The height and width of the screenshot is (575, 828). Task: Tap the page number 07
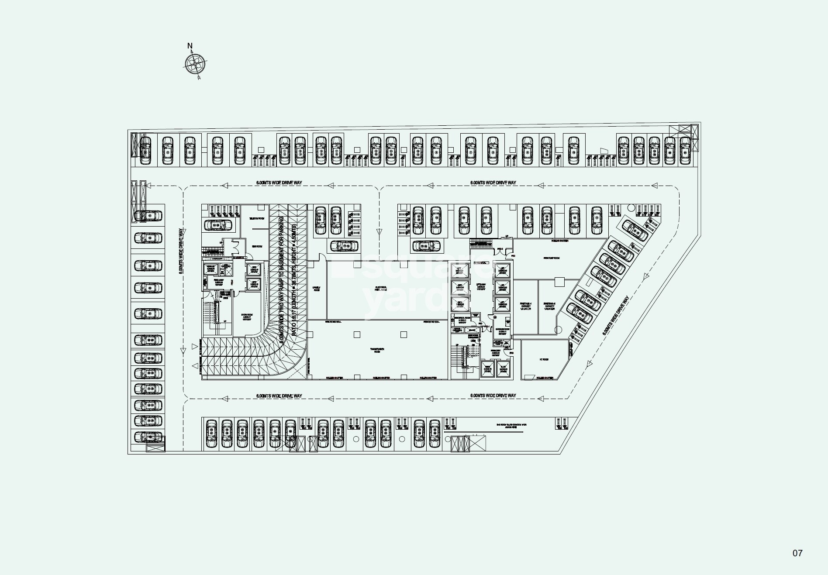pos(797,553)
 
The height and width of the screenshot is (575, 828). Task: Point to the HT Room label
pos(544,360)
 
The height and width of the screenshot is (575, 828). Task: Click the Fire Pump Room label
pos(551,258)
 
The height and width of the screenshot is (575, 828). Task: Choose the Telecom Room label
pos(256,218)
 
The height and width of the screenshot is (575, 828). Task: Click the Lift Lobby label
pos(480,286)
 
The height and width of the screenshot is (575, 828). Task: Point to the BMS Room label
pos(256,247)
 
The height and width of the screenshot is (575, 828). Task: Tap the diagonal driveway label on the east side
pos(616,316)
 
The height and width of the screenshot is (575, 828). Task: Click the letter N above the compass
pos(190,46)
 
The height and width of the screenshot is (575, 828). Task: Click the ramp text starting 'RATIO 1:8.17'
pos(294,279)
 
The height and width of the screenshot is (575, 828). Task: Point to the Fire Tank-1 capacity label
pos(525,306)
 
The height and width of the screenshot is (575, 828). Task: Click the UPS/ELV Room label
pos(316,289)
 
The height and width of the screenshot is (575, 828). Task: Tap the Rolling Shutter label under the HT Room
pos(544,378)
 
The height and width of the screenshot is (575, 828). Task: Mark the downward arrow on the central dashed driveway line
pos(379,232)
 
